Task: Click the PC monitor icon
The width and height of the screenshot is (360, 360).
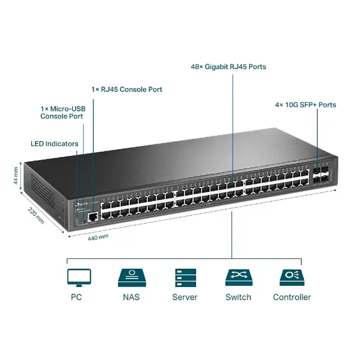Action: (79, 278)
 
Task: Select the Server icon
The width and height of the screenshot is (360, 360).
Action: (185, 278)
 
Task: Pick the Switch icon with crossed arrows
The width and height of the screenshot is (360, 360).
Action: (238, 278)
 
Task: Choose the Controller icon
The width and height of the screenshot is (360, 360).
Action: (292, 278)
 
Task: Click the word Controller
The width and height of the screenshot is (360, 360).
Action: (292, 297)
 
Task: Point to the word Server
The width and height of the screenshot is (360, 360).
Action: (185, 297)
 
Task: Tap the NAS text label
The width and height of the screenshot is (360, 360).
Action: (131, 297)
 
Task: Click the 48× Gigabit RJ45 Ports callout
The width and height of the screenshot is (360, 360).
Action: (228, 67)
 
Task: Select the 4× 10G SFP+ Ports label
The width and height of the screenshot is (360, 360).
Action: (306, 105)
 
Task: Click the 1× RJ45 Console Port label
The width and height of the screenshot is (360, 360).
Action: (126, 89)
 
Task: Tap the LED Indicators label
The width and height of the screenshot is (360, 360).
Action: (54, 144)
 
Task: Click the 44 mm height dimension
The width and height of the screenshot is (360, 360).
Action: (17, 175)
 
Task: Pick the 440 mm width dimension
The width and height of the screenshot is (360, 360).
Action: (98, 237)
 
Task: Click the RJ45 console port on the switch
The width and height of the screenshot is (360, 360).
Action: (93, 216)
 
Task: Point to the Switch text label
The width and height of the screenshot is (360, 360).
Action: (238, 297)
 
